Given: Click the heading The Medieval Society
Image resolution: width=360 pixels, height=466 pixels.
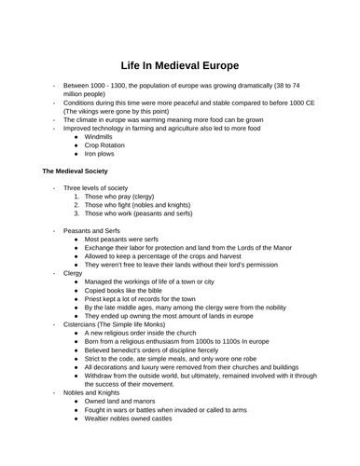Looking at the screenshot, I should (76, 172).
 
